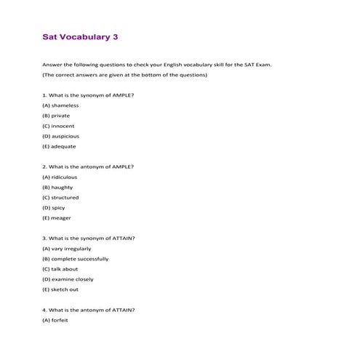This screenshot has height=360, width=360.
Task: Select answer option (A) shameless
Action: tap(60, 105)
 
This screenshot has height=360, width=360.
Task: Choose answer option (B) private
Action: tap(57, 115)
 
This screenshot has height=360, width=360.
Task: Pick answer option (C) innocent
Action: tap(58, 125)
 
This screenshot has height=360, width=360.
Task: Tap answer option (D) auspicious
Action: tap(61, 135)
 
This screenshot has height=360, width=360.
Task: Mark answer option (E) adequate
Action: tap(59, 145)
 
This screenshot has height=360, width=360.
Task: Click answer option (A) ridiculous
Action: tap(60, 177)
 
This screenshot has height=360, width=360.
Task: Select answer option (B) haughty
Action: tap(57, 187)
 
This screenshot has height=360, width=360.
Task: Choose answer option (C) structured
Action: tap(60, 197)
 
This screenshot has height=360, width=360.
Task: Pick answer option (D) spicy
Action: tap(54, 207)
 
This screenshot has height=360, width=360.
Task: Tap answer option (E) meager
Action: tap(57, 217)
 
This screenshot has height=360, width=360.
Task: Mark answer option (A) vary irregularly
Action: tap(67, 248)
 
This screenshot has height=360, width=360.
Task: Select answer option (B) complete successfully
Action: tap(76, 258)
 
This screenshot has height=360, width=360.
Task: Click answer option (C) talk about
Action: tap(60, 268)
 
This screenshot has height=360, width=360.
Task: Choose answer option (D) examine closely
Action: tap(68, 279)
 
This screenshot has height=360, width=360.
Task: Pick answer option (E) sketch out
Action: tap(60, 289)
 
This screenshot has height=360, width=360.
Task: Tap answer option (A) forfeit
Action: tap(55, 320)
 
